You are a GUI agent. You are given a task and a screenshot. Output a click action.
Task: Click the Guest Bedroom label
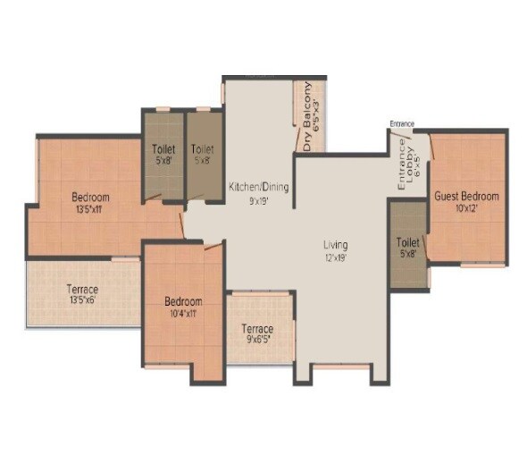[466, 197]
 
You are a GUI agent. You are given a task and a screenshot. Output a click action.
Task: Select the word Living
[336, 244]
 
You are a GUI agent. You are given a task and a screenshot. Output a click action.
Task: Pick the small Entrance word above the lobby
[403, 123]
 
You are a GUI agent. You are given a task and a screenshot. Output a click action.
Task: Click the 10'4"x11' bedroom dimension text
[183, 313]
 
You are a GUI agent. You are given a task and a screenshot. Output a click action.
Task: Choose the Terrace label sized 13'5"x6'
[83, 291]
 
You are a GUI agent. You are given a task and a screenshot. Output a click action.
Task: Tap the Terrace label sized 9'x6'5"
[257, 330]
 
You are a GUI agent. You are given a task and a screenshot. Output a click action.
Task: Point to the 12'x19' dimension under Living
[336, 257]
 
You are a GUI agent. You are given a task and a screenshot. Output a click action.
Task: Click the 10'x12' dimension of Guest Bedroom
[466, 208]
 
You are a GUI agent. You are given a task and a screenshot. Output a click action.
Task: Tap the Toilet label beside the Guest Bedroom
[408, 241]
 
